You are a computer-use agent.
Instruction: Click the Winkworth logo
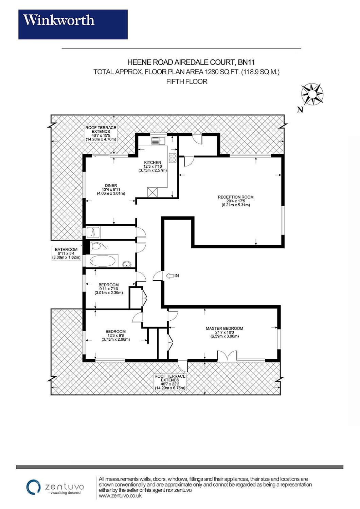[x=73, y=24]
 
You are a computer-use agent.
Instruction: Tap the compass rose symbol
[x=312, y=94]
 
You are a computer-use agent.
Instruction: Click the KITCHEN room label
[x=152, y=166]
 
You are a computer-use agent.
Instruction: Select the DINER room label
[x=111, y=189]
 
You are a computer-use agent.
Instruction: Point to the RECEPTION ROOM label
[x=236, y=201]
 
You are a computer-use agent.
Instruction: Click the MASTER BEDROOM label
[x=224, y=332]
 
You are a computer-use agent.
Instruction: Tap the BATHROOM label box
[x=66, y=253]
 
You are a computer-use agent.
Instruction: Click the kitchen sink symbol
[x=159, y=141]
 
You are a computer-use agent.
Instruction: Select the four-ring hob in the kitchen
[x=173, y=158]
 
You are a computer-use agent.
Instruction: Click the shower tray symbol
[x=93, y=232]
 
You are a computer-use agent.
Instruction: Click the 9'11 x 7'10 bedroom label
[x=109, y=289]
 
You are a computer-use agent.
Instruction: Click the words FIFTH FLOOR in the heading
[x=187, y=81]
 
